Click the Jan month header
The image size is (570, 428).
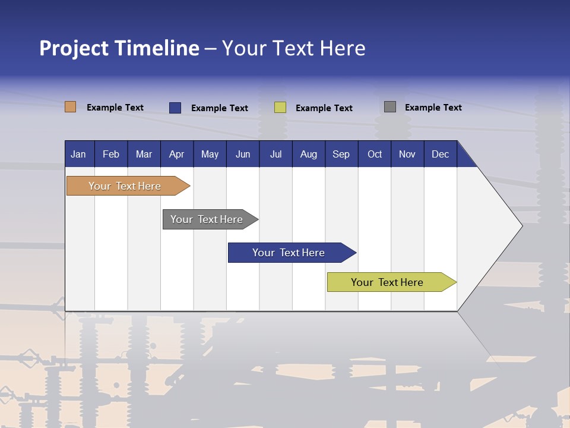(x=78, y=155)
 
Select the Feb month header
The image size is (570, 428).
(x=111, y=155)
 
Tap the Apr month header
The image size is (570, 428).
(x=176, y=155)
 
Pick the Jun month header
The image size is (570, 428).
(x=243, y=155)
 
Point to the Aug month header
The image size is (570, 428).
(x=308, y=155)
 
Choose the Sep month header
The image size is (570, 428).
(x=341, y=155)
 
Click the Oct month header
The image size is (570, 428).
(x=375, y=155)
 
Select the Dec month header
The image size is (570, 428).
(x=440, y=155)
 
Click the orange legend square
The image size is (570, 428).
(x=71, y=107)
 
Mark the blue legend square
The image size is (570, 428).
(x=175, y=108)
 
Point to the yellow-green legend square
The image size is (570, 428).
(x=280, y=108)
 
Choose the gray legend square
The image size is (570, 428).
(x=390, y=107)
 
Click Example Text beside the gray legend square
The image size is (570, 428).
(x=433, y=108)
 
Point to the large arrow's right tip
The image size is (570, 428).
(x=521, y=226)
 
